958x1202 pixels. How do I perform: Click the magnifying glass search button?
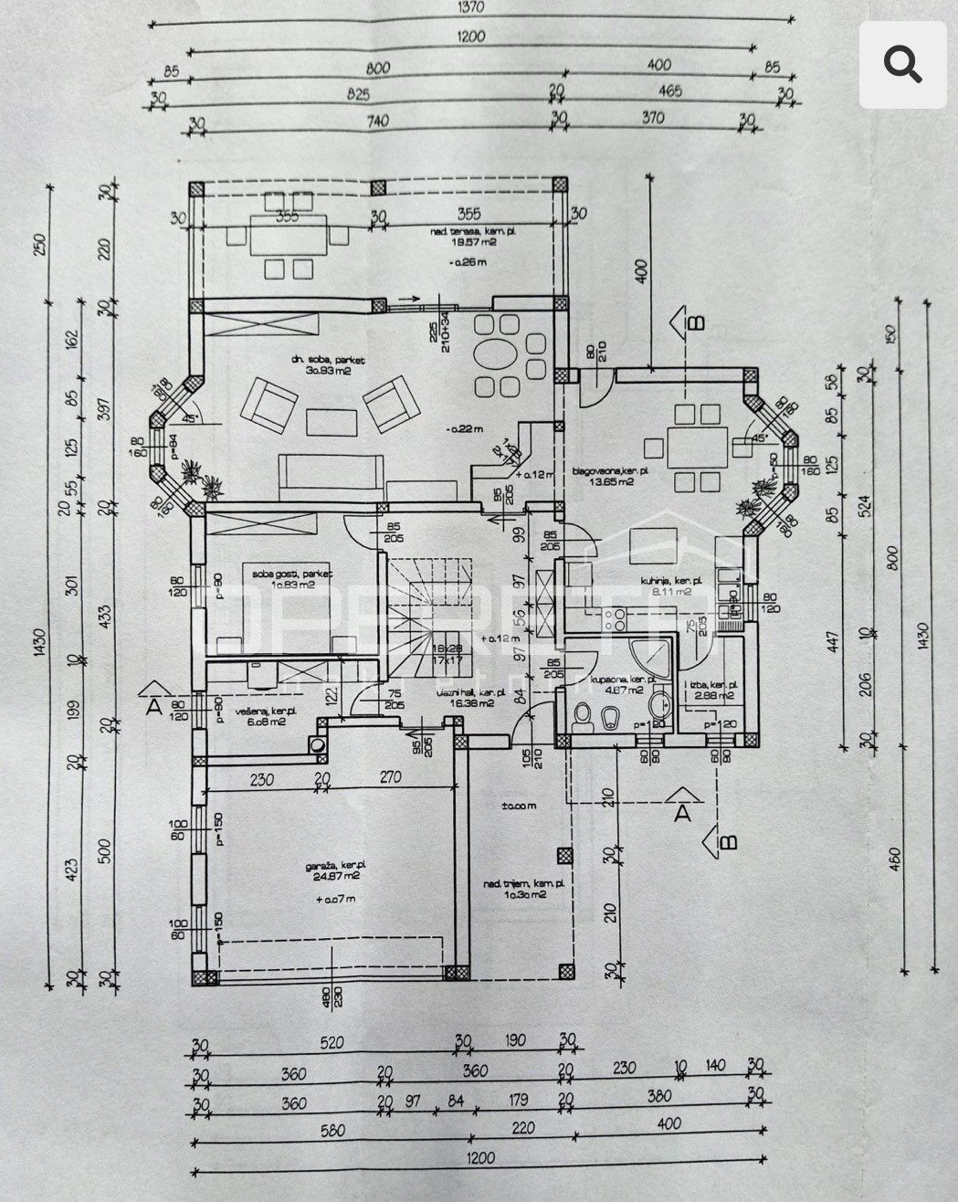(901, 66)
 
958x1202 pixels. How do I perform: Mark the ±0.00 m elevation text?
(517, 807)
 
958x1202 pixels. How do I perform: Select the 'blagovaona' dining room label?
(610, 472)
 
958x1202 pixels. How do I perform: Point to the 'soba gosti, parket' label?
(290, 573)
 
